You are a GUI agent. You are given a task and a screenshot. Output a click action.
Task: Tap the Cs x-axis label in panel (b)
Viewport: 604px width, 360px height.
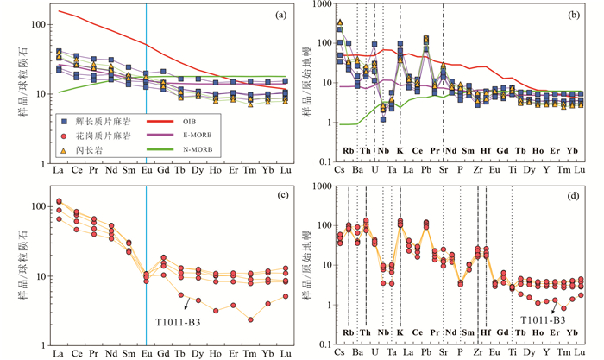(339, 170)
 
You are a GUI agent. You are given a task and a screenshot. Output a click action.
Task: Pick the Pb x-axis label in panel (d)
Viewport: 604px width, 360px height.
(425, 353)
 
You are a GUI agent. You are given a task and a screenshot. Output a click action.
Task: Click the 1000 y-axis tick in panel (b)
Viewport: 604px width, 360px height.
(322, 6)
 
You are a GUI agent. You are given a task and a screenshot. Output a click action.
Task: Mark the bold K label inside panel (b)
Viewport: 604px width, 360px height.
(400, 149)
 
